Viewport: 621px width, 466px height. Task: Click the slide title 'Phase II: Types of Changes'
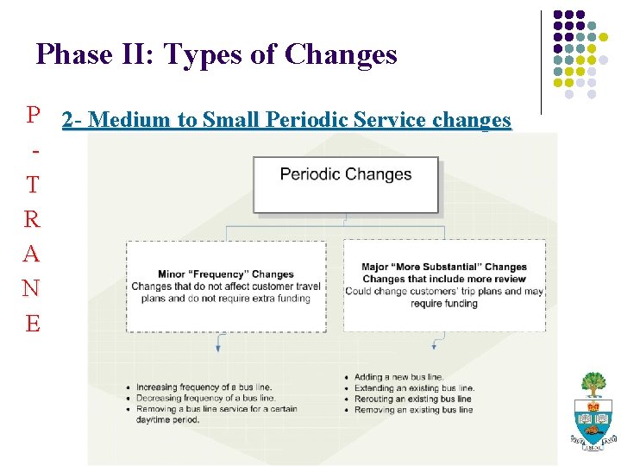pos(216,55)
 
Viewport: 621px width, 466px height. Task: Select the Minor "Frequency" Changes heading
pos(226,274)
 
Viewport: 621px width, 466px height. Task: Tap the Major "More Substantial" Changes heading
pos(444,268)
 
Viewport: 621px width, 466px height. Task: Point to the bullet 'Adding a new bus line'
pos(398,377)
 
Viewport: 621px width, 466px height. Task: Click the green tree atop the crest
pos(593,383)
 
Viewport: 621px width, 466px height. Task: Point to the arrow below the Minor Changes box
pos(218,344)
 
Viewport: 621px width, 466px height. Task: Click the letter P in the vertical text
pos(33,115)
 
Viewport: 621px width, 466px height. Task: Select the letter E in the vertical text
pos(33,324)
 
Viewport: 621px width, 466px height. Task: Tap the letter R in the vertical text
pos(33,220)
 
